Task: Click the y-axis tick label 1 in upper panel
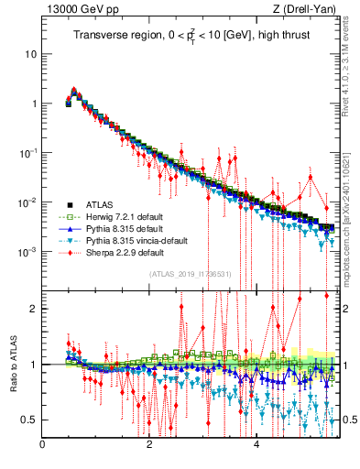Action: pyautogui.click(x=34, y=104)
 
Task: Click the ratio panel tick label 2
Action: pyautogui.click(x=34, y=309)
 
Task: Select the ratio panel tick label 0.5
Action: pyautogui.click(x=29, y=420)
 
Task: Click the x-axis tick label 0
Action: pyautogui.click(x=42, y=446)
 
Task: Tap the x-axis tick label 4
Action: pyautogui.click(x=256, y=446)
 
